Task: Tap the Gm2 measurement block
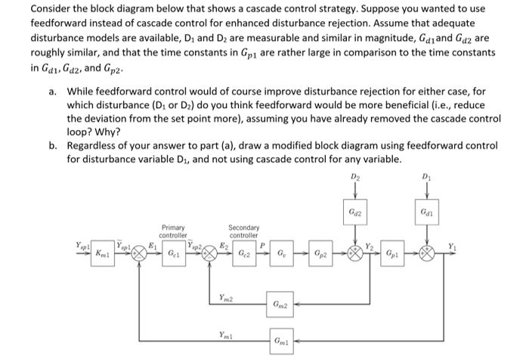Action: pos(280,305)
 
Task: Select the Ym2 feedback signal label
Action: pos(226,297)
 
